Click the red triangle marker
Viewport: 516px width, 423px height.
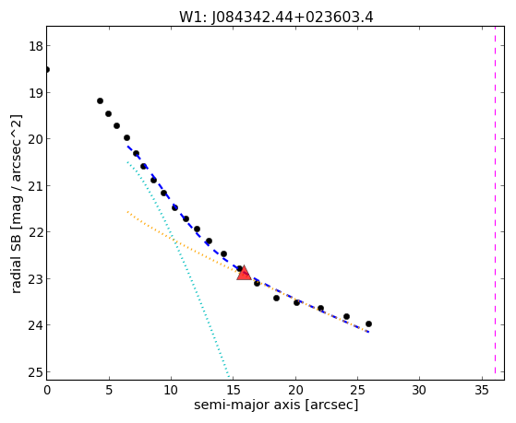[244, 273]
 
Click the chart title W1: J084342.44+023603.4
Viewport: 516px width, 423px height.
[276, 18]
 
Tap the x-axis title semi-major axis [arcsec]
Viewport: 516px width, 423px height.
[276, 405]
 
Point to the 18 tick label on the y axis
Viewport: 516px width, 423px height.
[36, 46]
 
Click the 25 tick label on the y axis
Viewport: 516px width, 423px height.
[36, 372]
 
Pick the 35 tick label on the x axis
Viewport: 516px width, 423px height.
[482, 391]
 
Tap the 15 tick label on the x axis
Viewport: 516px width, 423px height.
[234, 391]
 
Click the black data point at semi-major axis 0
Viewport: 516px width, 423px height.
[47, 70]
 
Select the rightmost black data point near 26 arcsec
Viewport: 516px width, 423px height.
[368, 323]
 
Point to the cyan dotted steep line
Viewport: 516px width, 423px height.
[178, 269]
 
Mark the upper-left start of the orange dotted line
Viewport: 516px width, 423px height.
[127, 212]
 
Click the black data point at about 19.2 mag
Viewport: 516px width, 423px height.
[100, 100]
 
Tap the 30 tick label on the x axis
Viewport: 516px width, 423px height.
[420, 391]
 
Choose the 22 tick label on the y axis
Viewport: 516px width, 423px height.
[36, 232]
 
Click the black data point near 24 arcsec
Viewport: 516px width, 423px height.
[346, 316]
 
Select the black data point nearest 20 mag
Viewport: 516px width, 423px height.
[126, 137]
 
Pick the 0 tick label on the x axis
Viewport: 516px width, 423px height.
[47, 391]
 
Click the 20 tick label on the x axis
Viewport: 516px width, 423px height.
[295, 391]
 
